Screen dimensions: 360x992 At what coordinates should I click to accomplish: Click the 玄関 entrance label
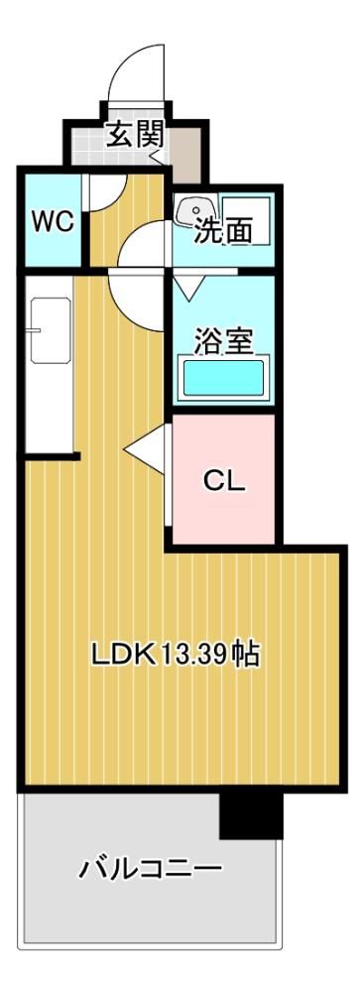[135, 135]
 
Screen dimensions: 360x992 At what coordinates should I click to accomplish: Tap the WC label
[54, 222]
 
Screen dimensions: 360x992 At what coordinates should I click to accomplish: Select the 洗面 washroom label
[222, 230]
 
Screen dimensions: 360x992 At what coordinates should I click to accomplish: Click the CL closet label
[224, 483]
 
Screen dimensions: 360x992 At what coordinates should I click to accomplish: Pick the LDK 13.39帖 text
[176, 655]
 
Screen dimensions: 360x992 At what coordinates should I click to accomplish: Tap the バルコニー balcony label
[151, 868]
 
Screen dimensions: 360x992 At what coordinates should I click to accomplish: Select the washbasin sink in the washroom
[195, 212]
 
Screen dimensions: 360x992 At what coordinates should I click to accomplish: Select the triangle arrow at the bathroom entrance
[187, 288]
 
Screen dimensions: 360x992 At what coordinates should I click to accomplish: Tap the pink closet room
[224, 479]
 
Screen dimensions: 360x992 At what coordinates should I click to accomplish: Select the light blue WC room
[54, 220]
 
